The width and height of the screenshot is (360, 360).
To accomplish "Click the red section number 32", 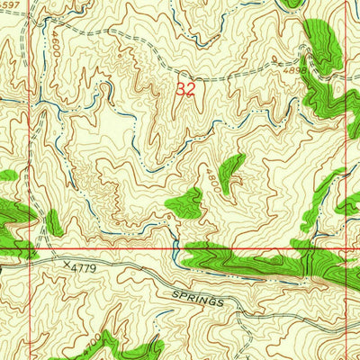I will coord(185,89).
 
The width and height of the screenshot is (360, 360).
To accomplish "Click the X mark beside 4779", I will coord(66,265).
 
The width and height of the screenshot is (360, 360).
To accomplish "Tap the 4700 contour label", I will coord(89,343).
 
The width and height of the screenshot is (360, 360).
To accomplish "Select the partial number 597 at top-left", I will coord(10,6).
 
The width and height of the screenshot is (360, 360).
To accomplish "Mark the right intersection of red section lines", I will coord(347,247).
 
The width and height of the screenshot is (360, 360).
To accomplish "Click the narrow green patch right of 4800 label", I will coord(231,171).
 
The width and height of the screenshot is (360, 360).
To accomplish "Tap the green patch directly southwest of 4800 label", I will coord(185,204).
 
